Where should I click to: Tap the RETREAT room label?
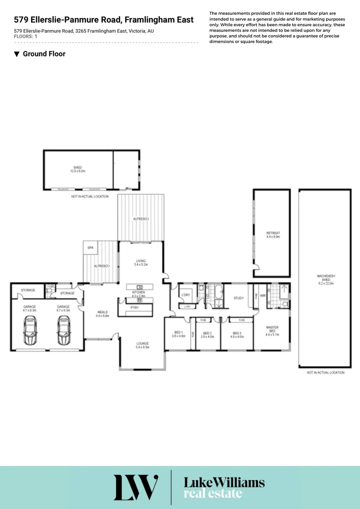[273, 233]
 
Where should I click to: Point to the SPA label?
[90, 246]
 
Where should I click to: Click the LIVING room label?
[141, 261]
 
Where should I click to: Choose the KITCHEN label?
[139, 293]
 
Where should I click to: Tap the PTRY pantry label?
[134, 307]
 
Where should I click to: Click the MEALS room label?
[103, 312]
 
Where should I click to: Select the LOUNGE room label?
[142, 345]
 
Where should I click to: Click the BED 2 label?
[208, 333]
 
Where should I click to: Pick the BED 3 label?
[237, 333]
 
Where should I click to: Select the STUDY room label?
[238, 298]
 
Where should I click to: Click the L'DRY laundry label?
[186, 295]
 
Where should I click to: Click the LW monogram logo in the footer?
[136, 487]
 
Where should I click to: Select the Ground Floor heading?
[44, 54]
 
